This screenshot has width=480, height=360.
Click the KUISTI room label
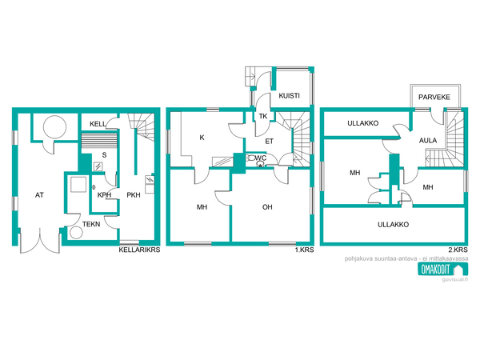pyautogui.click(x=289, y=96)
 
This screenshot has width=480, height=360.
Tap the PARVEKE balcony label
pyautogui.click(x=434, y=98)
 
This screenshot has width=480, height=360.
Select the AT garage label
pyautogui.click(x=39, y=195)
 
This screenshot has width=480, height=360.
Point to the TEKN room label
pyautogui.click(x=91, y=224)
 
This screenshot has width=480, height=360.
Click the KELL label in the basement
pyautogui.click(x=98, y=124)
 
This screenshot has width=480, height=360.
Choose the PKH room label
pyautogui.click(x=134, y=195)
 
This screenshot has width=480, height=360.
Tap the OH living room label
pyautogui.click(x=267, y=207)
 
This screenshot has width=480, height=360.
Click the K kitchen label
pyautogui.click(x=202, y=138)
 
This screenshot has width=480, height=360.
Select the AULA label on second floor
pyautogui.click(x=428, y=141)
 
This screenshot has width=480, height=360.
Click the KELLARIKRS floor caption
pyautogui.click(x=139, y=250)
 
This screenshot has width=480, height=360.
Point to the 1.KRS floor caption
pyautogui.click(x=304, y=250)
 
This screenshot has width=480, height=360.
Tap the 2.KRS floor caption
pyautogui.click(x=458, y=250)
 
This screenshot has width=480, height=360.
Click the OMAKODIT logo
pyautogui.click(x=443, y=270)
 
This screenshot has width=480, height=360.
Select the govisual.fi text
pyautogui.click(x=455, y=279)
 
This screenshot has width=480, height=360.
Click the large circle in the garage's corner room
pyautogui.click(x=54, y=127)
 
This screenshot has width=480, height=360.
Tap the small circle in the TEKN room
pyautogui.click(x=76, y=232)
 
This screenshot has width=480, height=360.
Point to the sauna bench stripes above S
pyautogui.click(x=99, y=141)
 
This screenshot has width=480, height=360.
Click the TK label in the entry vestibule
pyautogui.click(x=263, y=116)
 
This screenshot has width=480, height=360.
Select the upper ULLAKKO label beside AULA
pyautogui.click(x=362, y=123)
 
